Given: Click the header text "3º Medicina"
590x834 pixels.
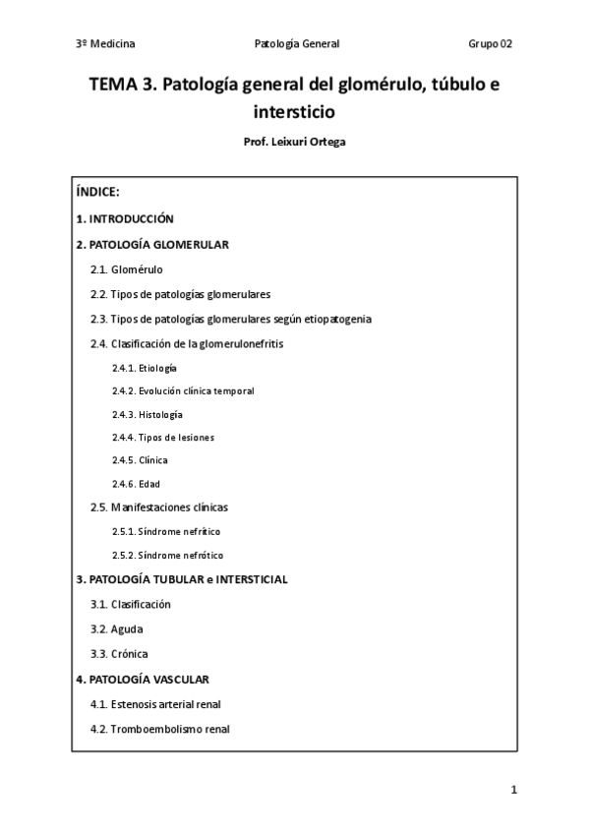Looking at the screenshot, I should click(x=105, y=44).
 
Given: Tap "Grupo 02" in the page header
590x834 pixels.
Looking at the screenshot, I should click(x=490, y=44).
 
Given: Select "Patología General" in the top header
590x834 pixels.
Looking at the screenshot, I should click(x=296, y=44).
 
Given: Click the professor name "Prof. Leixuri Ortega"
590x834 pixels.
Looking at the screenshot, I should click(x=294, y=141).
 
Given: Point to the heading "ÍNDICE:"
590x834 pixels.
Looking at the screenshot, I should click(x=97, y=192).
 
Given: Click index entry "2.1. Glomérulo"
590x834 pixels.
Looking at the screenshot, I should click(x=127, y=268).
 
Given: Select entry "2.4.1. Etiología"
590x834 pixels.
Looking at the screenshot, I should click(x=145, y=368).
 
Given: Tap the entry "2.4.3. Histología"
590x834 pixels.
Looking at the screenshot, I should click(x=147, y=414).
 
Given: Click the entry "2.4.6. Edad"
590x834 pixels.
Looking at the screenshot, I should click(x=136, y=484).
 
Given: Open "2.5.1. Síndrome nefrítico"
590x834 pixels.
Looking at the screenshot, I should click(x=166, y=531).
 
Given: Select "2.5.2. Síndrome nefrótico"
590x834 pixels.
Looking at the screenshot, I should click(x=167, y=555).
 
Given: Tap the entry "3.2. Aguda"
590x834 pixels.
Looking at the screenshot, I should click(x=116, y=628).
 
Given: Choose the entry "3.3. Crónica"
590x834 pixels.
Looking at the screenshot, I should click(x=119, y=653).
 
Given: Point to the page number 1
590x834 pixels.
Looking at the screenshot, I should click(x=513, y=790).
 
